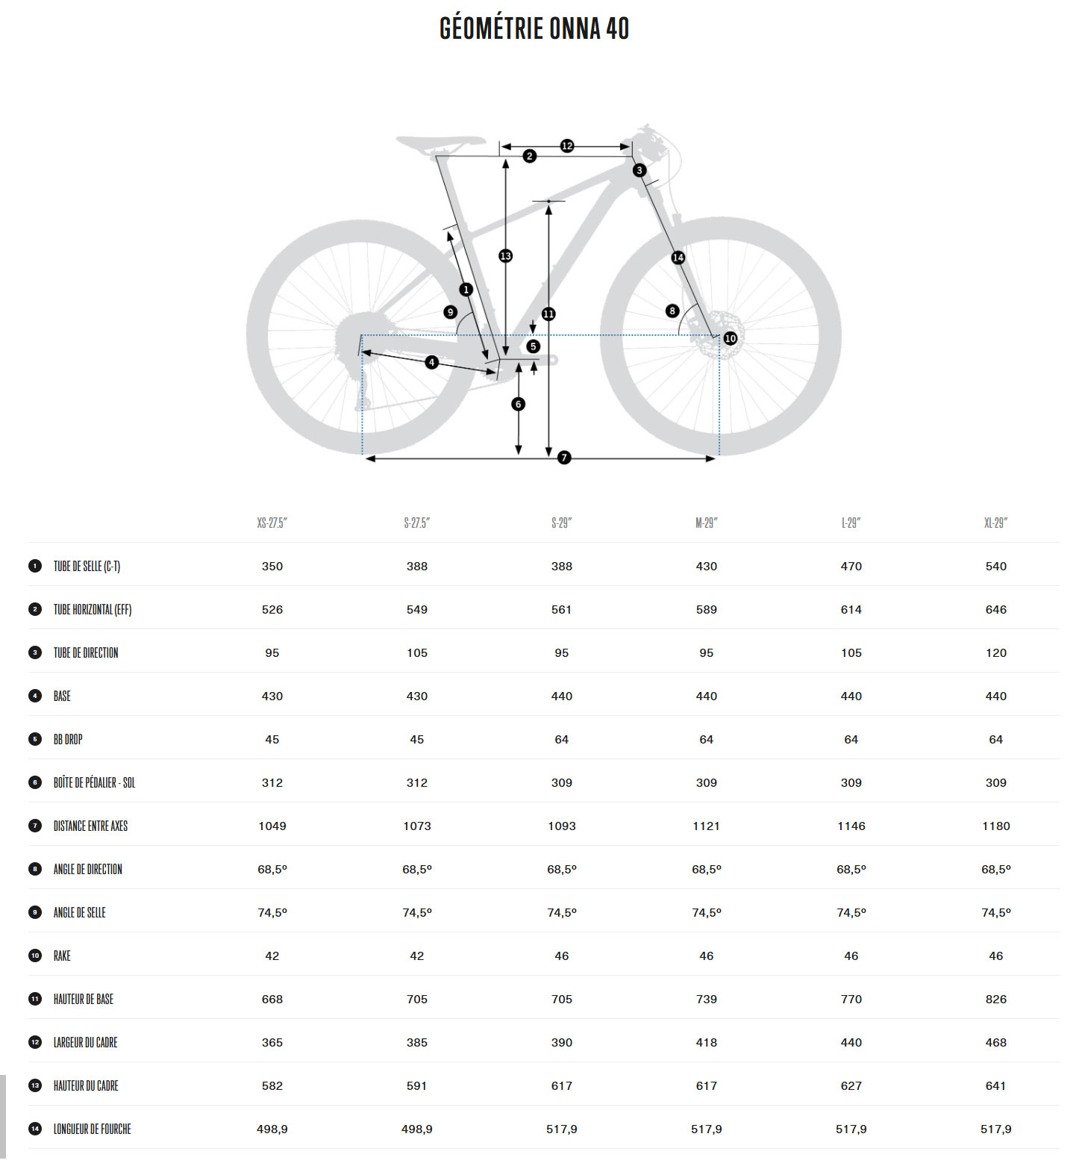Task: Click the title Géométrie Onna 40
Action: [534, 28]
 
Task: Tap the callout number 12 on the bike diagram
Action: [567, 146]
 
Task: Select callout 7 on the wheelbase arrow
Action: [564, 458]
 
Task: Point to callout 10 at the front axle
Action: [731, 338]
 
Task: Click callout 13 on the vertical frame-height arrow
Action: [506, 256]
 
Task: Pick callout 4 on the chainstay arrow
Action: [431, 363]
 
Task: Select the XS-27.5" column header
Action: [272, 523]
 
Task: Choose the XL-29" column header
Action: [995, 523]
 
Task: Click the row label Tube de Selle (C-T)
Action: [87, 566]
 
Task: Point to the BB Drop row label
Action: [68, 739]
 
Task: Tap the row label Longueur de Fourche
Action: [92, 1129]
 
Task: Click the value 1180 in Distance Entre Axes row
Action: [996, 826]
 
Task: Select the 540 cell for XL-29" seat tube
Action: [996, 566]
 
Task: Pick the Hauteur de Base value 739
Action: [707, 999]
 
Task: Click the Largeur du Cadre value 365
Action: [272, 1042]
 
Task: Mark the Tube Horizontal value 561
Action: [562, 609]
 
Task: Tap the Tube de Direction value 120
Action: [996, 652]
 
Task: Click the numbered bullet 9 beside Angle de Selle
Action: [35, 912]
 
